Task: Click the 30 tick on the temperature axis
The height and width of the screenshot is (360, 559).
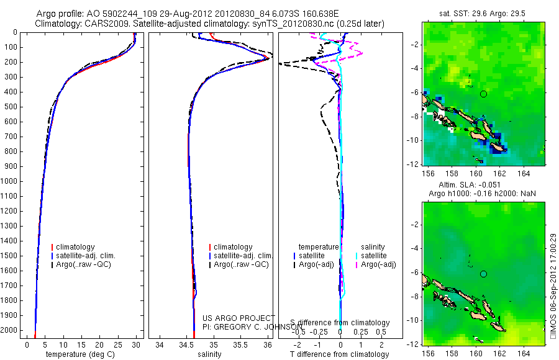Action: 136,344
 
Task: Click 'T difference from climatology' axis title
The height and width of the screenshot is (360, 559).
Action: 340,354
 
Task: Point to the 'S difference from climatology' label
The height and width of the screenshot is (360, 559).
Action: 340,323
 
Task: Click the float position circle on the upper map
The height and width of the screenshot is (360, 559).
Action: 483,94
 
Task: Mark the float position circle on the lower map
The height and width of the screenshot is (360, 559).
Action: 483,274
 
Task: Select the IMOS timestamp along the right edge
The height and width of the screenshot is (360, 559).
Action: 553,289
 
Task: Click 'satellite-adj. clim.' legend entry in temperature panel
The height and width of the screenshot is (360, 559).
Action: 86,256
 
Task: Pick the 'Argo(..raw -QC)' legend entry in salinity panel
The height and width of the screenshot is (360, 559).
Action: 241,264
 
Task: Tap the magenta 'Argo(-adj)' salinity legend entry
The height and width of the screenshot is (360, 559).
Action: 376,264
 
